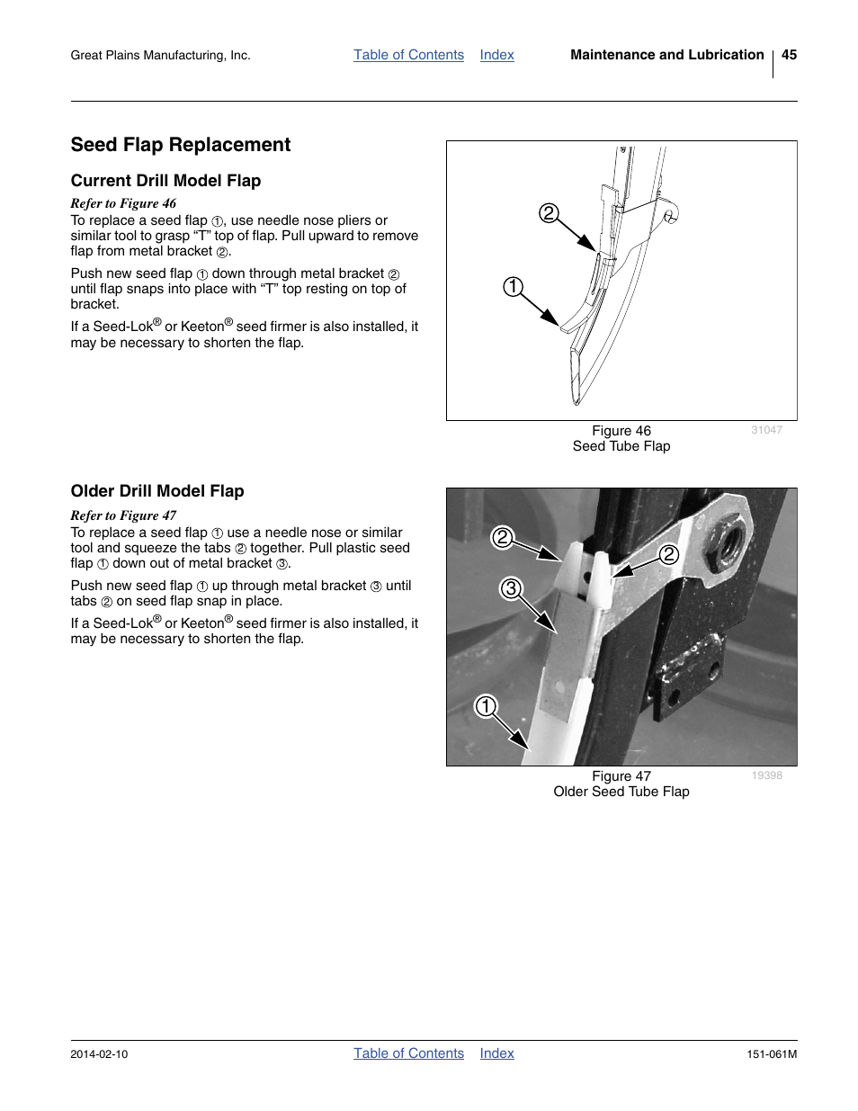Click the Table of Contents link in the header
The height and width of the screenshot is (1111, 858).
pos(408,55)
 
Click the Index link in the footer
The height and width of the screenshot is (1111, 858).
pos(496,1053)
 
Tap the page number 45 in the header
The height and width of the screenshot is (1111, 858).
pos(789,55)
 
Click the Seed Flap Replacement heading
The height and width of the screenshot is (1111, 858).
pos(181,145)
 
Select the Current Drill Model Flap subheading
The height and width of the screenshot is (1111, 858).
pos(165,181)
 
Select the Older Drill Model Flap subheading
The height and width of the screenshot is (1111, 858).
pos(157,491)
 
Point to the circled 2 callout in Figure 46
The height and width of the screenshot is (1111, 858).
pos(549,213)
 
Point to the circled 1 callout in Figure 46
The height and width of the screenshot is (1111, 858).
pos(512,287)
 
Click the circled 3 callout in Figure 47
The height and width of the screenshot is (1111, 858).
pos(511,588)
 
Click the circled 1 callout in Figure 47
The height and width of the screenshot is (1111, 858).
pos(486,705)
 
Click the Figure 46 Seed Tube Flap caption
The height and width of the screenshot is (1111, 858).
pos(621,439)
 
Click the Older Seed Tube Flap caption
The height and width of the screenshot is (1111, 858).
pos(621,792)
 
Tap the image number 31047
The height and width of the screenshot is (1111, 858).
pos(766,430)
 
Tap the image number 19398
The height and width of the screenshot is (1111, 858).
pos(766,775)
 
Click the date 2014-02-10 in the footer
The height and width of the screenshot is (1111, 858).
pos(99,1054)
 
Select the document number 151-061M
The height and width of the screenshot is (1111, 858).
pos(772,1054)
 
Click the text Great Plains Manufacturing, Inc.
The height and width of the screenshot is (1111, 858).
pos(160,56)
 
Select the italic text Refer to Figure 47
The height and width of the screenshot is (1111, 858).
pos(123,515)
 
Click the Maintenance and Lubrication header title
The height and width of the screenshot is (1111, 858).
pos(666,55)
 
